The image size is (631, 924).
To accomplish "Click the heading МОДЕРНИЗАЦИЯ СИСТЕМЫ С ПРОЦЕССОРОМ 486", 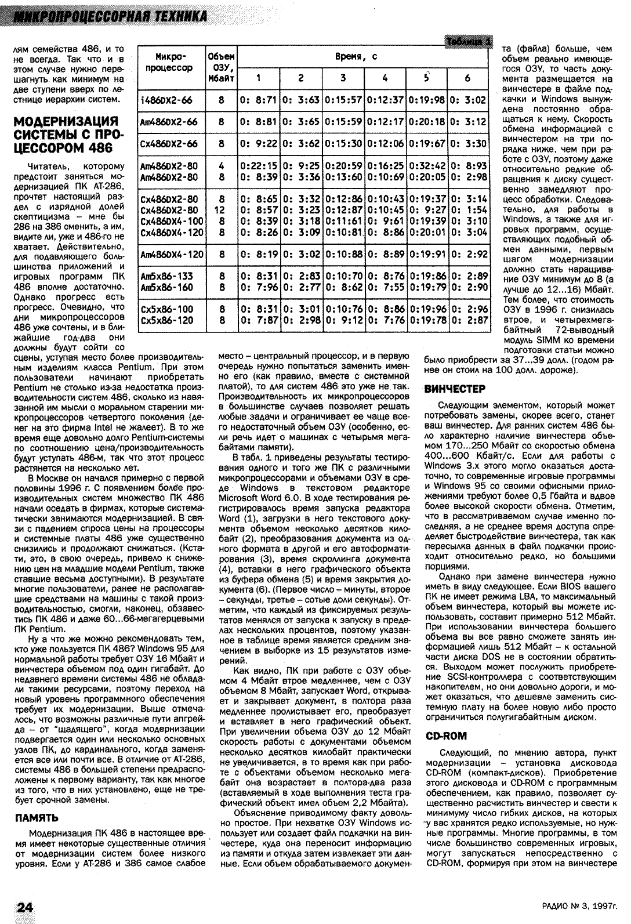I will [x=65, y=135].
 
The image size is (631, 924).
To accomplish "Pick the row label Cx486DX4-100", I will [x=172, y=221].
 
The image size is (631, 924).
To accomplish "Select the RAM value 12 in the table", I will [x=221, y=210].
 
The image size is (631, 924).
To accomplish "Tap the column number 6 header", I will [x=467, y=78].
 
